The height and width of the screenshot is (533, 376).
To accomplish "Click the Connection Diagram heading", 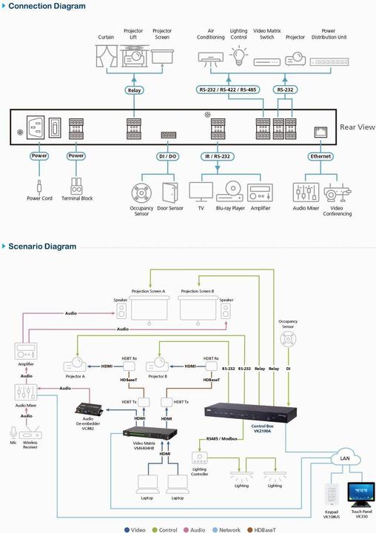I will (47, 7).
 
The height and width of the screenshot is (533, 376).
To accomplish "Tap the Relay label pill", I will (135, 90).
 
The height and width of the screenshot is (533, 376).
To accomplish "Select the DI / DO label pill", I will (167, 156).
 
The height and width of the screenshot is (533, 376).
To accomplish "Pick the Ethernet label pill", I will (320, 156).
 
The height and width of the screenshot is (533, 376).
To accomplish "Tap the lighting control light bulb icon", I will (238, 56).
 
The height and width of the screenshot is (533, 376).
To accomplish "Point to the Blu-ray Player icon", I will (229, 192).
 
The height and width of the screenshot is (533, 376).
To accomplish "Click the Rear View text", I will (357, 127).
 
